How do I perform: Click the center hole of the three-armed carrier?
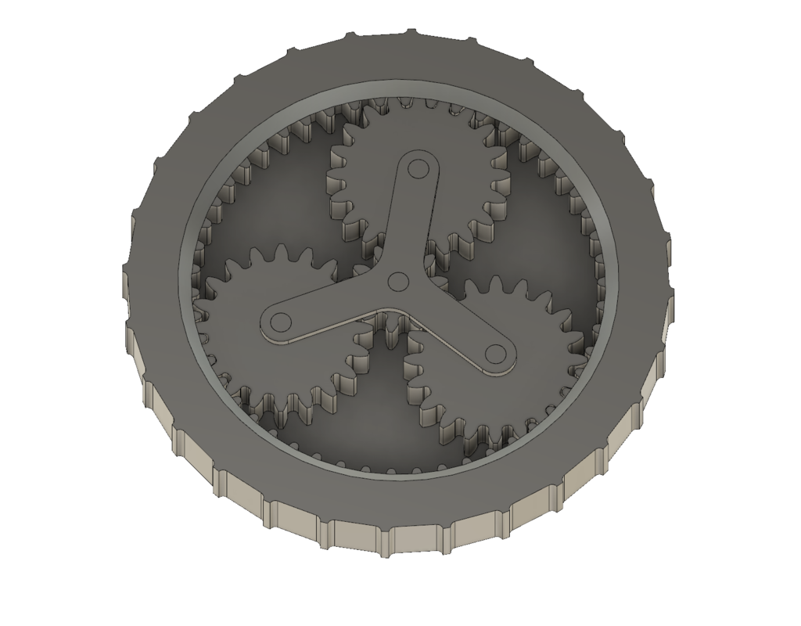[x=397, y=281]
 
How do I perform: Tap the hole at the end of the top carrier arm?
[x=416, y=168]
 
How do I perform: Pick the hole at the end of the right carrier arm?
[x=495, y=354]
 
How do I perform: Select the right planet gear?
[x=532, y=329]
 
